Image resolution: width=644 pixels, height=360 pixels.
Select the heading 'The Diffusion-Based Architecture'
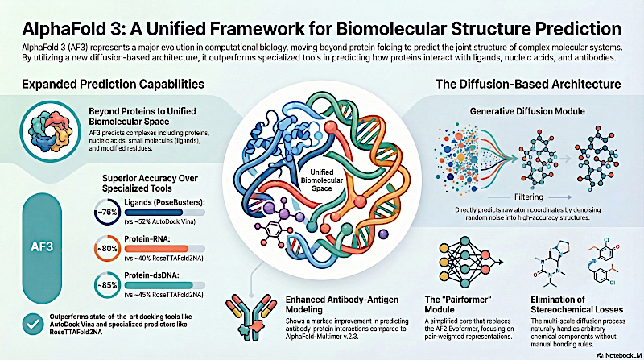click(x=529, y=84)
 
